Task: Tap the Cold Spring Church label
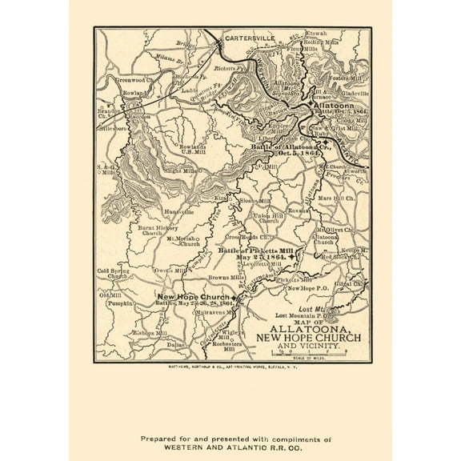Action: (112, 274)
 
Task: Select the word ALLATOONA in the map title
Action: (307, 328)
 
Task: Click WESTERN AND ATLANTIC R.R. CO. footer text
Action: (230, 427)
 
